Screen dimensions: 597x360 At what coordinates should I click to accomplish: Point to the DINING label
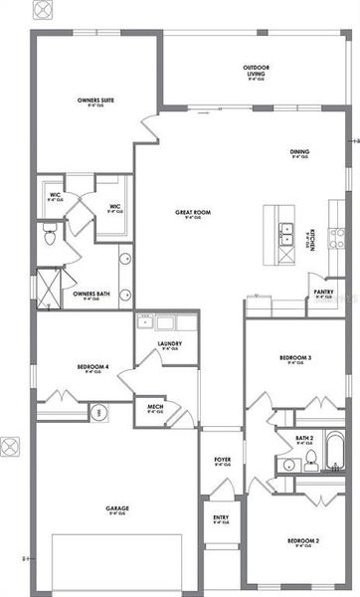(299, 152)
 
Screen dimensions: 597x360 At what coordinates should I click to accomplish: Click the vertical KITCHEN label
(311, 238)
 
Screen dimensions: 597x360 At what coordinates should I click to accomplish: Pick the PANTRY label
(323, 293)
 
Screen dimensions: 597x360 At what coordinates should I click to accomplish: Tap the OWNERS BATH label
(91, 295)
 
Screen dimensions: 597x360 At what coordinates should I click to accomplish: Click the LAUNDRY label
(168, 344)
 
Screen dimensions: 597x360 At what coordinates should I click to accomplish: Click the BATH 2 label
(304, 437)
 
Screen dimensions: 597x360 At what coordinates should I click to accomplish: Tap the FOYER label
(222, 460)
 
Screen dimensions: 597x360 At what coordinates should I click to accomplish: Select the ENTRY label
(221, 517)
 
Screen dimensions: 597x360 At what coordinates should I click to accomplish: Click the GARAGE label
(118, 508)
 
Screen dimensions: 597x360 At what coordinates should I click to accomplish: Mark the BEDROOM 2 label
(303, 540)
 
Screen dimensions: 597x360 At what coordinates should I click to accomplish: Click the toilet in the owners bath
(49, 236)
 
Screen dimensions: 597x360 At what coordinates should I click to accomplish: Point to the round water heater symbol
(99, 412)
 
